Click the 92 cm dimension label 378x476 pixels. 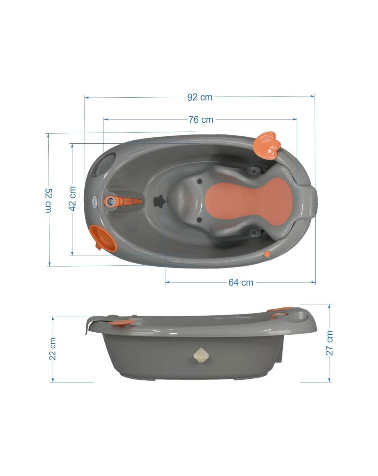pos(200,97)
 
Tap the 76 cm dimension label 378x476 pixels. pos(201,120)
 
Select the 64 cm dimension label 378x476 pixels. pos(241,283)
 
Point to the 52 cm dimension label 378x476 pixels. pos(48,200)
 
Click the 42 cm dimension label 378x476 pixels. pos(72,198)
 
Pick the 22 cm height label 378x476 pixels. pos(53,349)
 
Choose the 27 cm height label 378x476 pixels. pos(329,346)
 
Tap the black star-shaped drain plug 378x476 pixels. pos(160,200)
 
